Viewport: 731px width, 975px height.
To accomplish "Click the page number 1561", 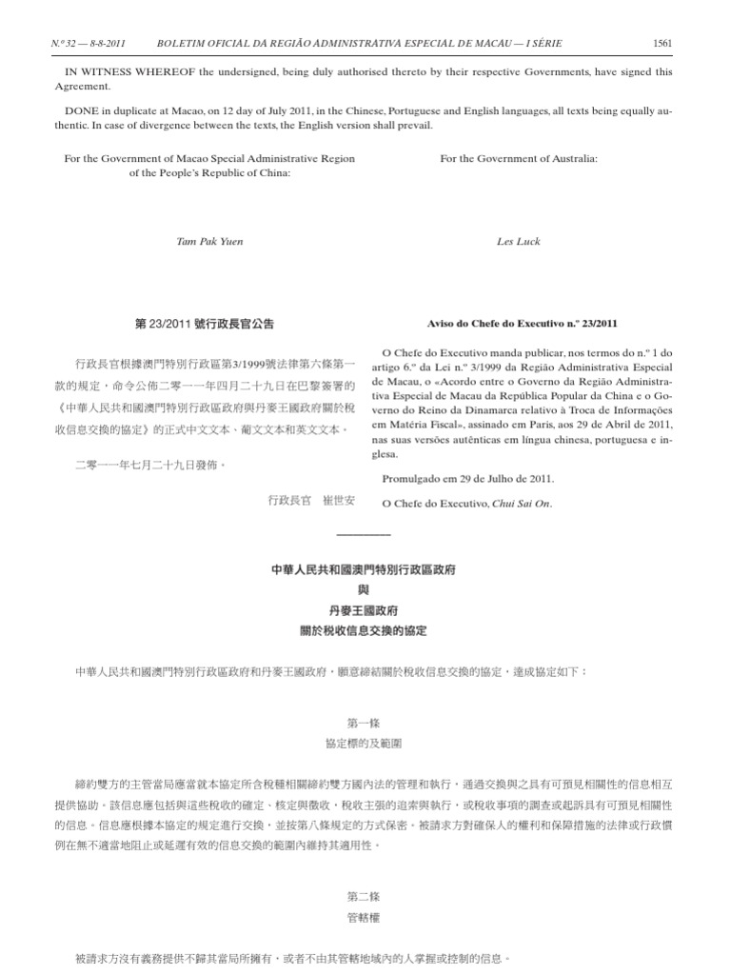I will [663, 43].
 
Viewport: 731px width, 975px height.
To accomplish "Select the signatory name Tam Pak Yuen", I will [210, 242].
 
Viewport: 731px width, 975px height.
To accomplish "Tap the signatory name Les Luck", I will [519, 242].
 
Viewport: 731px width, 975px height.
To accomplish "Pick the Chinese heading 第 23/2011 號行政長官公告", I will [205, 324].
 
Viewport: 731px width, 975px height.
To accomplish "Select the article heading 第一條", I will [364, 724].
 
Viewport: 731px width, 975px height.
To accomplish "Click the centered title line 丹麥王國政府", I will [364, 610].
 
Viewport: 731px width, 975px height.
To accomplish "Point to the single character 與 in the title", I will [364, 590].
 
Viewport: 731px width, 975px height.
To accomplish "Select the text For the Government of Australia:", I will [519, 158].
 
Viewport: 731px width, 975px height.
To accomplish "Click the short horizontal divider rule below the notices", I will [364, 533].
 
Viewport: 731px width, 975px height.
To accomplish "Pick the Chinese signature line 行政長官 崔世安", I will [311, 500].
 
